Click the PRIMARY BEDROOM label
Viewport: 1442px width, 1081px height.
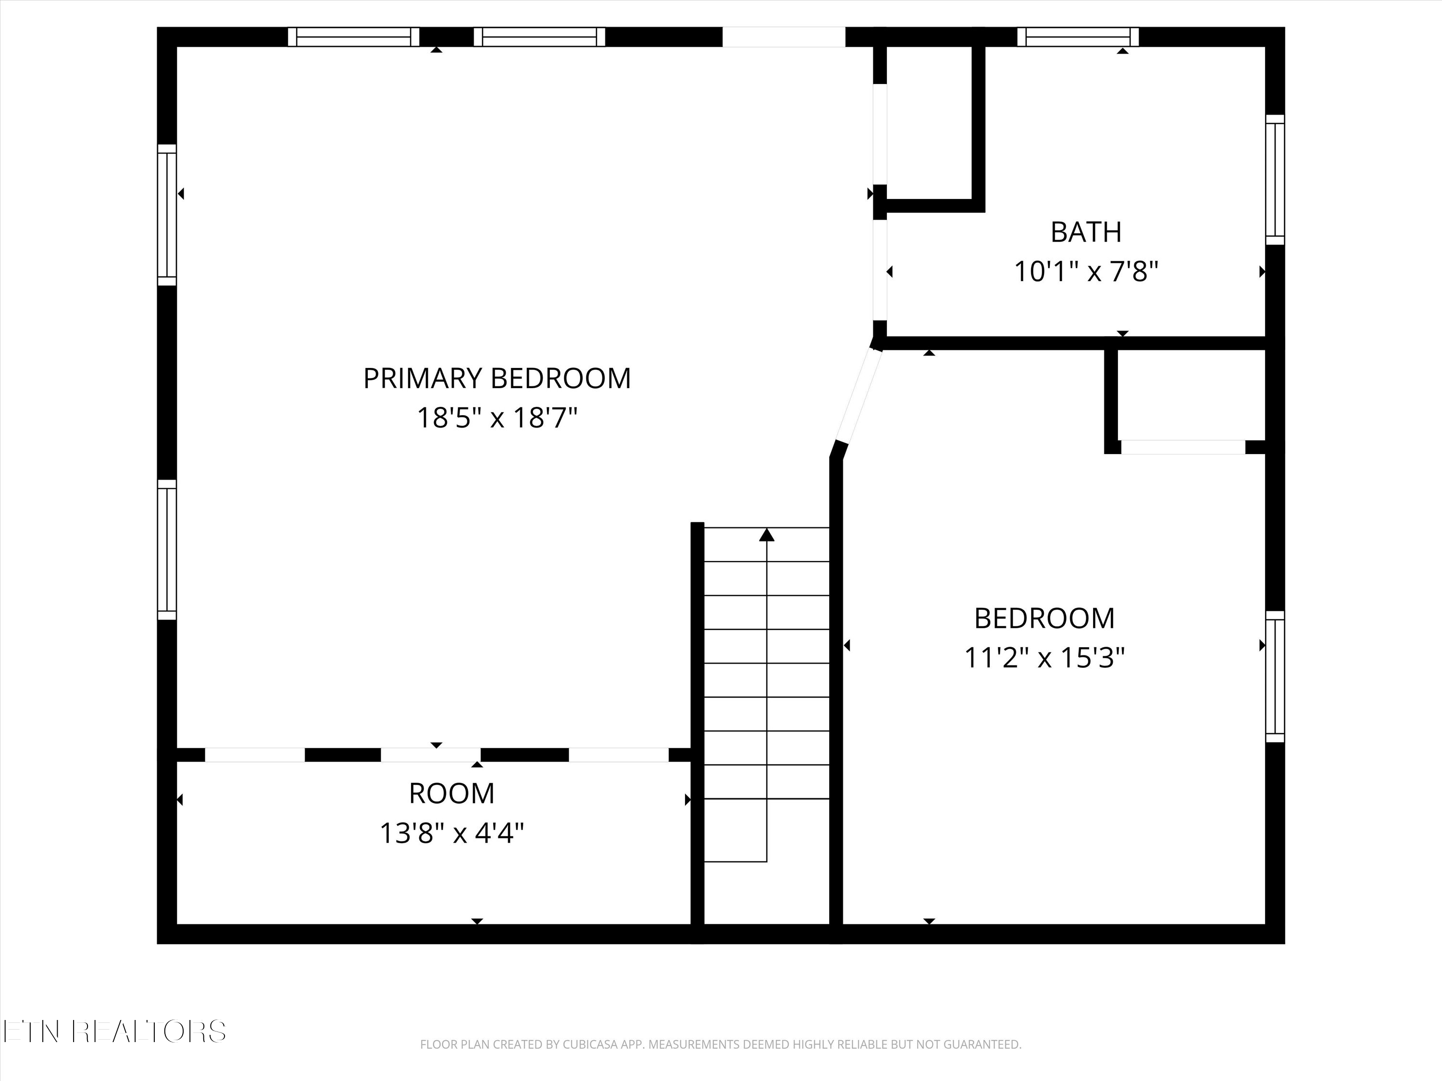coord(497,379)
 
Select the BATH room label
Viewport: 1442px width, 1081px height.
coord(1086,232)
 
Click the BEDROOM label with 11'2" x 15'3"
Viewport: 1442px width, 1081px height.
coord(1044,618)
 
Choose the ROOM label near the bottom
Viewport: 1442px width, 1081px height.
coord(452,794)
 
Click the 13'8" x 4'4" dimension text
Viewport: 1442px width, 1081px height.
coord(452,833)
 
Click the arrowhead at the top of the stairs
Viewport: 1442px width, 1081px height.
coord(767,535)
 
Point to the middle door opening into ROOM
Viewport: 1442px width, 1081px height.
coord(431,755)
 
